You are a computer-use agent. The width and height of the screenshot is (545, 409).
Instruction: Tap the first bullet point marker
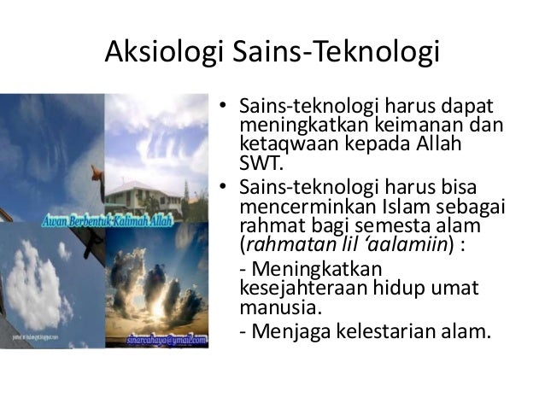coord(220,108)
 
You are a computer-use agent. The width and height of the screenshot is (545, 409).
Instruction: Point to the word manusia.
coord(270,305)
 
